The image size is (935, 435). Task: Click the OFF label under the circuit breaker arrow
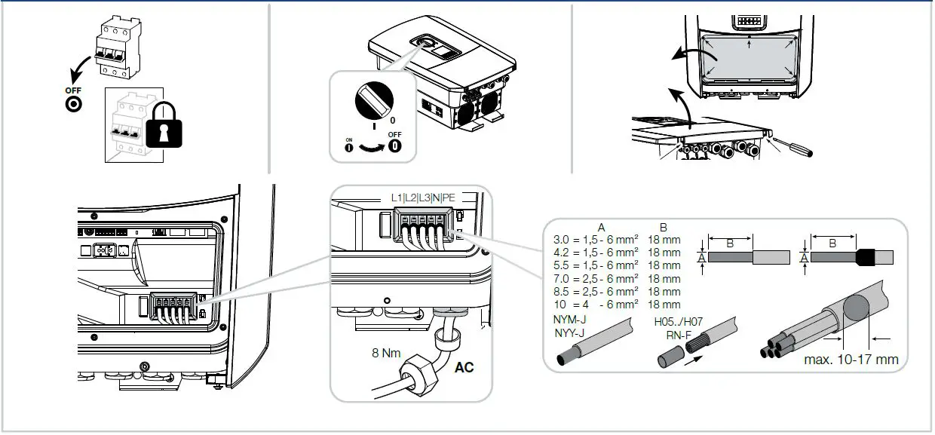[x=73, y=90]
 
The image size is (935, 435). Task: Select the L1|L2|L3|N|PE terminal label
[x=422, y=198]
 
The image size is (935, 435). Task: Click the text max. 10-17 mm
[x=851, y=359]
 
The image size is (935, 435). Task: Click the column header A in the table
[x=601, y=226]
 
